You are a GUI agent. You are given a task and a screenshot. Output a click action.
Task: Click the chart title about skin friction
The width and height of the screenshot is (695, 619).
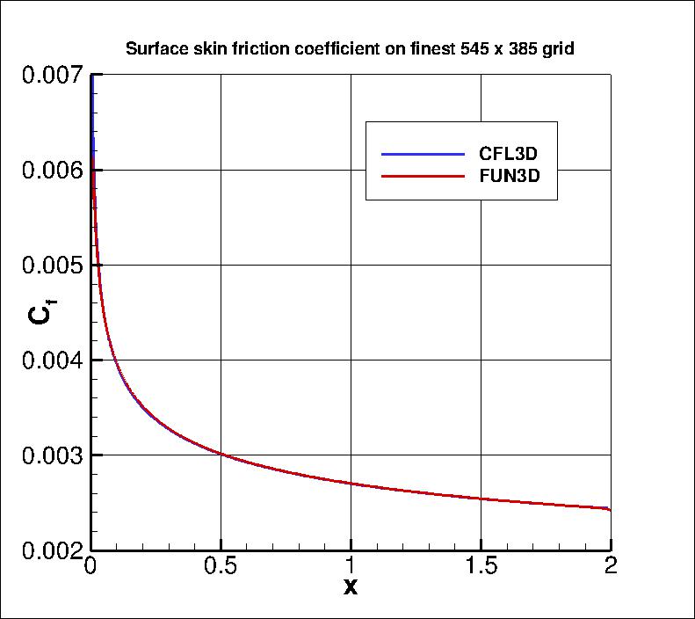pyautogui.click(x=350, y=49)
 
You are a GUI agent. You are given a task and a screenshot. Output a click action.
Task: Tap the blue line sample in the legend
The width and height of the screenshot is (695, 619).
pyautogui.click(x=423, y=155)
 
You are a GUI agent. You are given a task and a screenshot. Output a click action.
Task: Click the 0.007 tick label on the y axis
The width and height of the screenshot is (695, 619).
pyautogui.click(x=50, y=76)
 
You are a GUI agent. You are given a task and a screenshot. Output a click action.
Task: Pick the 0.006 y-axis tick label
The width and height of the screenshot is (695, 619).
pyautogui.click(x=50, y=171)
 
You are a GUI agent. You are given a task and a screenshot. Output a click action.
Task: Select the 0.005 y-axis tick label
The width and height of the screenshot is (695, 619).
pyautogui.click(x=50, y=266)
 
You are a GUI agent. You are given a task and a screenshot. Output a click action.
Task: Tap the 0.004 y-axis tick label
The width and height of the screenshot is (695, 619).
pyautogui.click(x=50, y=360)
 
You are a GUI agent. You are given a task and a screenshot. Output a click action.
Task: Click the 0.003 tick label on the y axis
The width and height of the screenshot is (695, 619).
pyautogui.click(x=50, y=455)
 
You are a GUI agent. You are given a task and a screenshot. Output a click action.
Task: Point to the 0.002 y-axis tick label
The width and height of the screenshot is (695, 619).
pyautogui.click(x=50, y=550)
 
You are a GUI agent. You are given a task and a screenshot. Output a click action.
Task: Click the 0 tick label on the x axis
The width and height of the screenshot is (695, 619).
pyautogui.click(x=90, y=565)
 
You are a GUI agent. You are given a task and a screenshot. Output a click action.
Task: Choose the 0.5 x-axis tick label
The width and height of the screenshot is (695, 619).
pyautogui.click(x=221, y=565)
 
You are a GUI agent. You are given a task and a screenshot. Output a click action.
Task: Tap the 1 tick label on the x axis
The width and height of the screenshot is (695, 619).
pyautogui.click(x=351, y=565)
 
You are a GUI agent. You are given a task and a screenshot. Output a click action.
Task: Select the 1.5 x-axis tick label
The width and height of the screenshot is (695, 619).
pyautogui.click(x=481, y=565)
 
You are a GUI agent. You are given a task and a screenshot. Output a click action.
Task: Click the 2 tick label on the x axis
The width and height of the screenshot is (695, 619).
pyautogui.click(x=611, y=565)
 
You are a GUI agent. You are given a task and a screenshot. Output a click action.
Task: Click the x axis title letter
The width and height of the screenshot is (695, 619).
pyautogui.click(x=351, y=587)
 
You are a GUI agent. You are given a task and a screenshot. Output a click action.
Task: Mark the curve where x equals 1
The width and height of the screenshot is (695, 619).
pyautogui.click(x=351, y=484)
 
